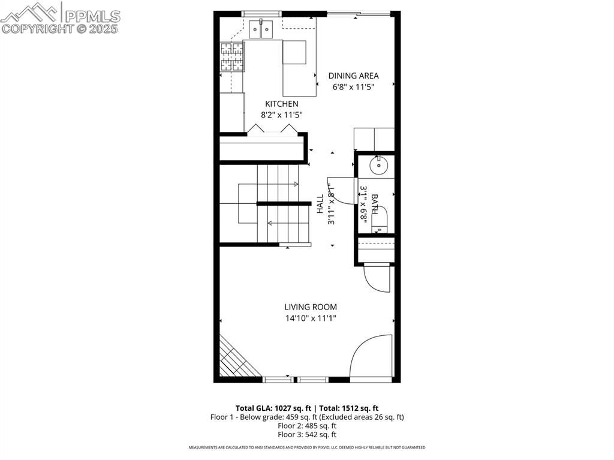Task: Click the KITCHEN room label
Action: tap(282, 104)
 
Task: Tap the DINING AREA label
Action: tap(353, 76)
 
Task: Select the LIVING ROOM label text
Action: tap(311, 307)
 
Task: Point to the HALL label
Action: tap(320, 204)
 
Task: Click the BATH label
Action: tap(374, 204)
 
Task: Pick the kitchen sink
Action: tap(261, 29)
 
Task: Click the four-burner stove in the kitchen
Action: tap(232, 57)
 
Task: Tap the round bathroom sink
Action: tap(379, 166)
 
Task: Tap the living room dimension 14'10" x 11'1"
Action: tap(311, 318)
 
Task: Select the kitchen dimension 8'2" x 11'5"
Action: tap(282, 115)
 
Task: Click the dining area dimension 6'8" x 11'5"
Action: tap(353, 87)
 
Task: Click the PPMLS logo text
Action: tap(92, 16)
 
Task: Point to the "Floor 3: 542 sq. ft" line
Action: tap(307, 435)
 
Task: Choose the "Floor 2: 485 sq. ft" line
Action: tap(307, 426)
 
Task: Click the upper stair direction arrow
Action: tap(278, 184)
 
